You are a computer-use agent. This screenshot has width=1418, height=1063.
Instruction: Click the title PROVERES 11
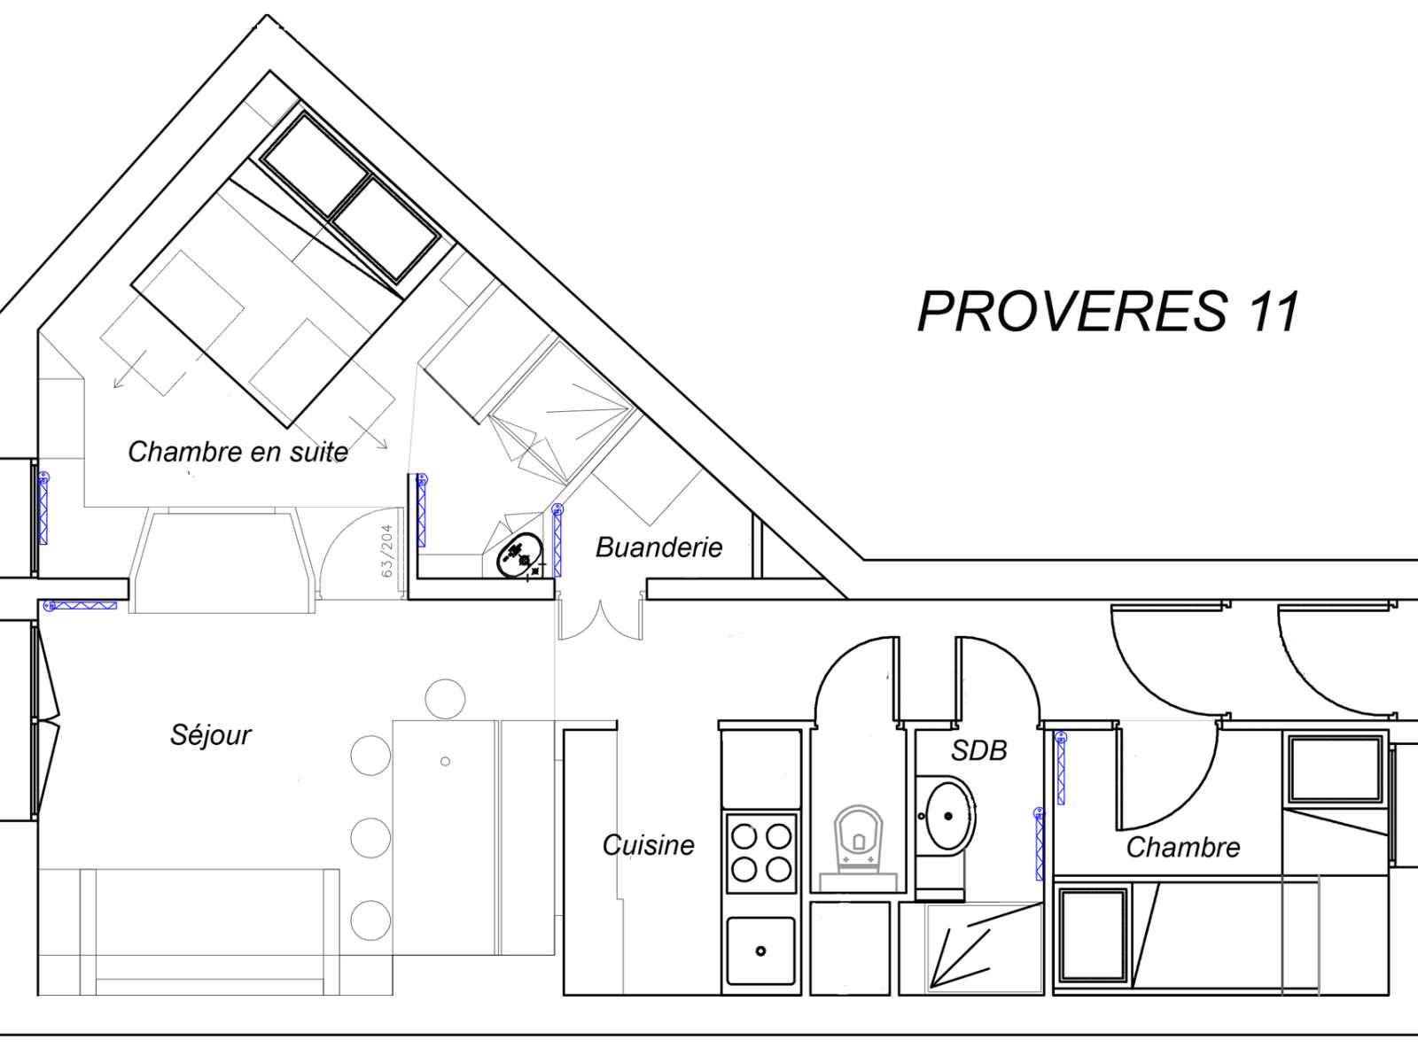[1108, 312]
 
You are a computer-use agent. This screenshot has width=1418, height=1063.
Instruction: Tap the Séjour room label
[211, 735]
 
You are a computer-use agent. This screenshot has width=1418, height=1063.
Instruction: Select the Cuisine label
[648, 845]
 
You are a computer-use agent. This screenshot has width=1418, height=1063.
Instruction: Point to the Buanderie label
[659, 547]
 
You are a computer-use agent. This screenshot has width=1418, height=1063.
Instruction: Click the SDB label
[978, 750]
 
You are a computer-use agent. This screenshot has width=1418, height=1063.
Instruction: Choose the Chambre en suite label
[238, 452]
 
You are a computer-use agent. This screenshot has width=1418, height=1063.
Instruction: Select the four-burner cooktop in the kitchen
[761, 853]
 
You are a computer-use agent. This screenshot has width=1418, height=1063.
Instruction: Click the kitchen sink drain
[760, 950]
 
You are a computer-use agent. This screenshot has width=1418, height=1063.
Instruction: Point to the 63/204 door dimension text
[387, 550]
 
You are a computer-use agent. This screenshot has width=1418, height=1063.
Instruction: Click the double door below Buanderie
[600, 620]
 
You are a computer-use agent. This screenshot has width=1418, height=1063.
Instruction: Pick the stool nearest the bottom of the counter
[370, 919]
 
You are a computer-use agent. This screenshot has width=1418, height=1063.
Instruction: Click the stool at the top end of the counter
[445, 698]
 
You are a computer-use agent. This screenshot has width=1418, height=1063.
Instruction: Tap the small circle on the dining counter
[445, 762]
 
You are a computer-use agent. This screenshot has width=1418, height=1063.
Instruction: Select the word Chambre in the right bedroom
[1183, 848]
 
